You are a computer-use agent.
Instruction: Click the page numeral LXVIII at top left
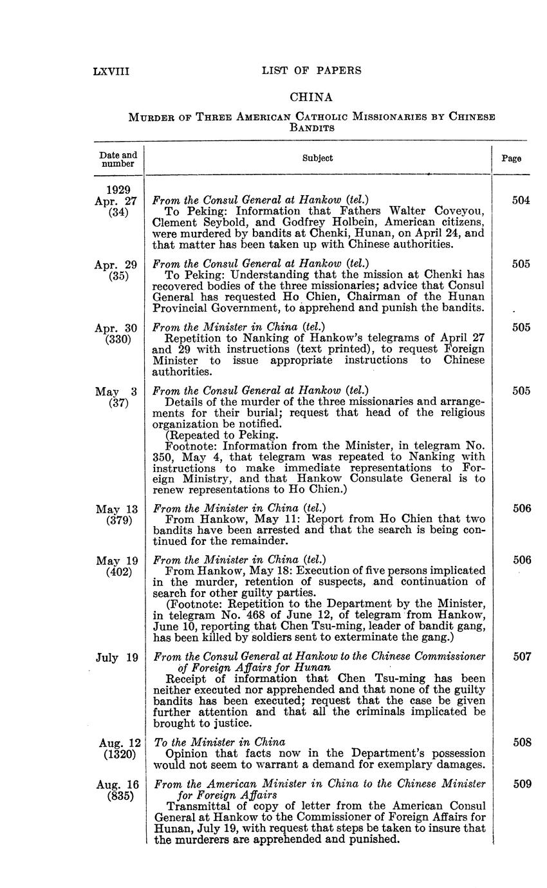[111, 71]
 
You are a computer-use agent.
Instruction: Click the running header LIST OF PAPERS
[311, 71]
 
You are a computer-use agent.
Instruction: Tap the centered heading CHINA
[311, 97]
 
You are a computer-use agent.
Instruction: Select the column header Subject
[317, 158]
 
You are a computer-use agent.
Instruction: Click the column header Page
[512, 158]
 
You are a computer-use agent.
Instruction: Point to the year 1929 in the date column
[118, 189]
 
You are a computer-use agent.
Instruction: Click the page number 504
[521, 200]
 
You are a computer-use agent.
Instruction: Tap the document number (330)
[118, 339]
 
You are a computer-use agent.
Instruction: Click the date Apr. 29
[116, 264]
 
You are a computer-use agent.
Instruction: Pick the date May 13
[116, 509]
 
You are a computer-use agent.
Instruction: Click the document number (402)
[119, 571]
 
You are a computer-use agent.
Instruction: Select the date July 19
[117, 657]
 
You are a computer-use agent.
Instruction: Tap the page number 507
[522, 656]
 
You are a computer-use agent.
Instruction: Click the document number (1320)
[120, 754]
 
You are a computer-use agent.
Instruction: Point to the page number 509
[522, 784]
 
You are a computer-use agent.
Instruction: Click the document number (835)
[120, 795]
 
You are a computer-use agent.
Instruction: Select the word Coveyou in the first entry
[460, 211]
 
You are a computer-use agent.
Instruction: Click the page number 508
[522, 742]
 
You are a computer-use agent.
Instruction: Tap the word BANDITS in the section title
[311, 128]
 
